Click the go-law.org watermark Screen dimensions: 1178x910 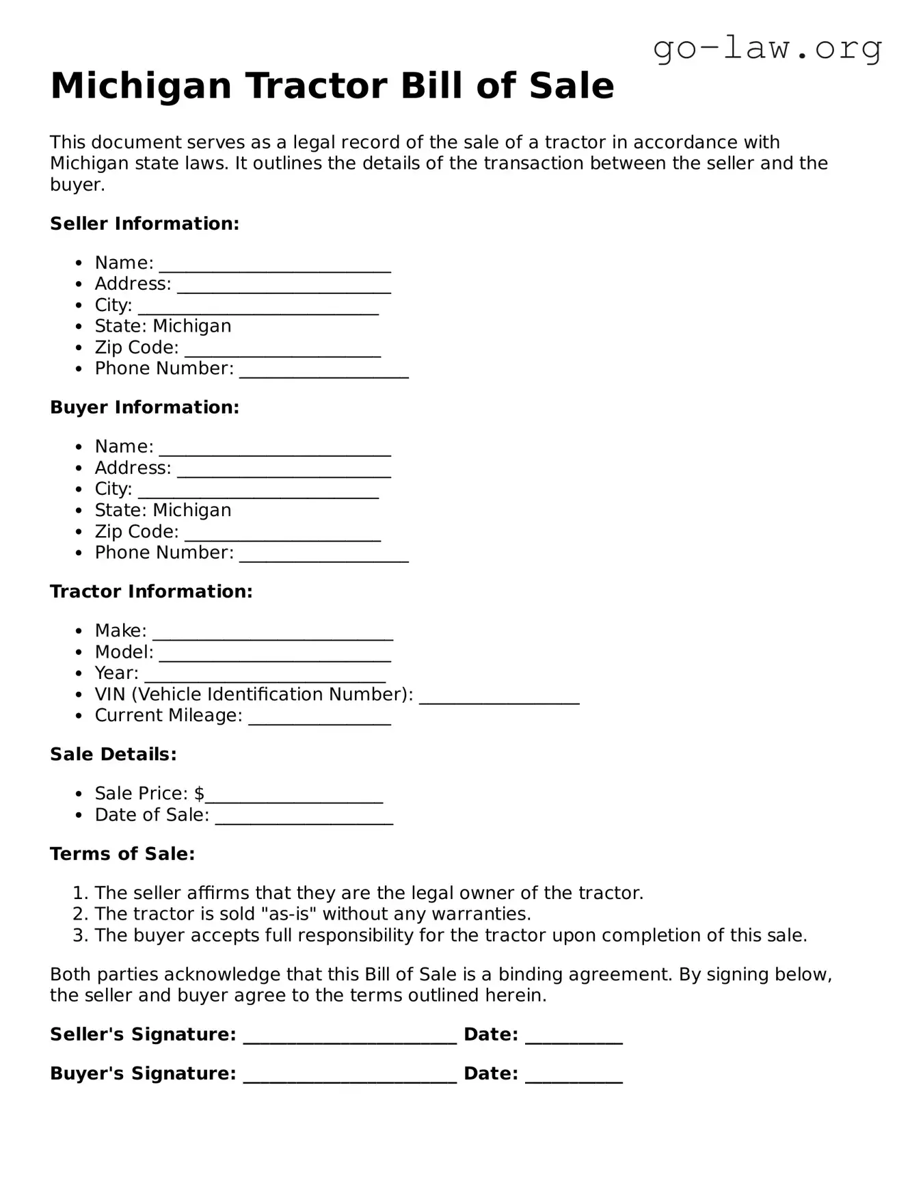coord(767,49)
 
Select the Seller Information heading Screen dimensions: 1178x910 coord(144,224)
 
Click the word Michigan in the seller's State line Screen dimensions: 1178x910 coord(192,326)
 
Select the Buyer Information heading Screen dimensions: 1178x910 coord(144,407)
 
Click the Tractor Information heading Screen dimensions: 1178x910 coord(151,591)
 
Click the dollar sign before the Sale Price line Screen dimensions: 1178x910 coord(199,794)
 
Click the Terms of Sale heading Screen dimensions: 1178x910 coord(122,854)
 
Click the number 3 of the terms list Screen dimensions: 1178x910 coord(79,935)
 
